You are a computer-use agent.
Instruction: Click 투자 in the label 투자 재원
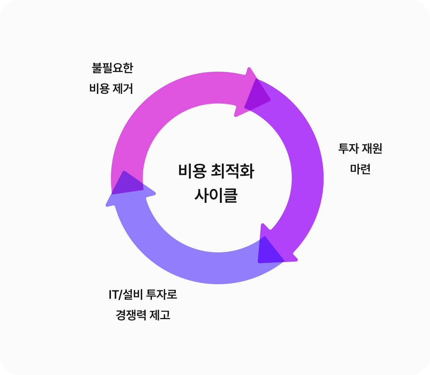(349, 149)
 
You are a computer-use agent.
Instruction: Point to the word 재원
(372, 149)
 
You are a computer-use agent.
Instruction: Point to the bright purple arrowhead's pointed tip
(296, 260)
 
